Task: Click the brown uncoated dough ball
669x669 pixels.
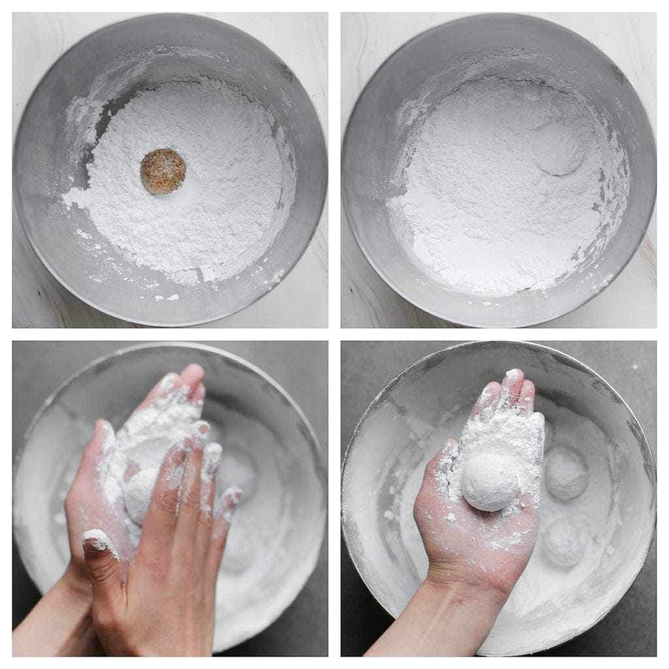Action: pos(163,171)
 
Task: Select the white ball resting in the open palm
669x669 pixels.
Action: pos(489,482)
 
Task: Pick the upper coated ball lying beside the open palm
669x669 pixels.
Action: pos(566,473)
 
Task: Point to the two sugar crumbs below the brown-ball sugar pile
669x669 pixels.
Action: pos(165,298)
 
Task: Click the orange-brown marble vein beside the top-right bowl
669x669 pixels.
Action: pos(647,257)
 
